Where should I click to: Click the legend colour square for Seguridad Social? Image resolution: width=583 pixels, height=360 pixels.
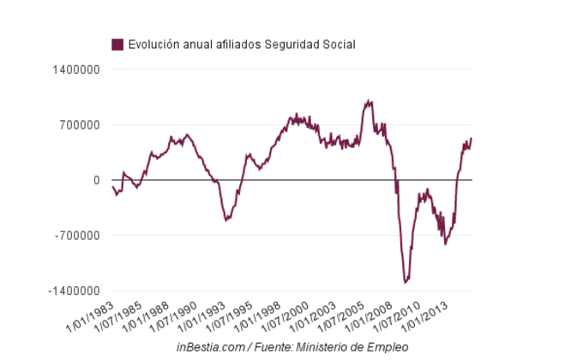pos(117,45)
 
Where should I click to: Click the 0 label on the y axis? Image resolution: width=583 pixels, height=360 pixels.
pos(97,180)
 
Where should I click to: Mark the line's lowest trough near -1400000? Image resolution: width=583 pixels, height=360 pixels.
pos(406,281)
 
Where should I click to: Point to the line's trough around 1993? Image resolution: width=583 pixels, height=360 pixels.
pos(226,220)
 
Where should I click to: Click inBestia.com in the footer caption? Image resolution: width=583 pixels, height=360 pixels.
pos(211,346)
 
